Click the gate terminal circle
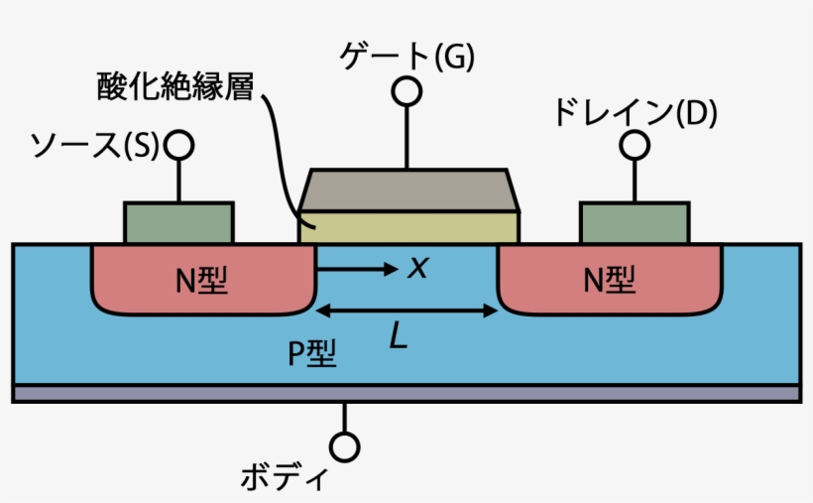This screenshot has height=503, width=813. pos(406,91)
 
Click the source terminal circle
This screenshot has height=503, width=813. pos(179,146)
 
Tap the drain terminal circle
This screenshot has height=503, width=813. pos(635,145)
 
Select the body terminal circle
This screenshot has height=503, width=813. pos(345,447)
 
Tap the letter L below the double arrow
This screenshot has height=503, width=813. pos(398,338)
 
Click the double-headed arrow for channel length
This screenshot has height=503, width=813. pos(406,312)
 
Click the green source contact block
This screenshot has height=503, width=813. pos(179,222)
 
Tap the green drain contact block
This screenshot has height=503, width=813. pos(635,222)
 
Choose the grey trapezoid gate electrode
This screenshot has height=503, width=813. pos(408,190)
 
